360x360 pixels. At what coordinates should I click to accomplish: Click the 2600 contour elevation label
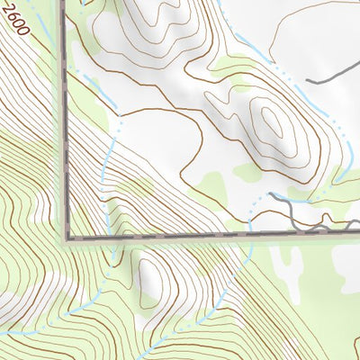coord(16,20)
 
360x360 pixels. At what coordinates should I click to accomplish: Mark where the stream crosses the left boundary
coord(67,72)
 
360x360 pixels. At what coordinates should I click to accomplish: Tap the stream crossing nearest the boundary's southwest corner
coord(106,236)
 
